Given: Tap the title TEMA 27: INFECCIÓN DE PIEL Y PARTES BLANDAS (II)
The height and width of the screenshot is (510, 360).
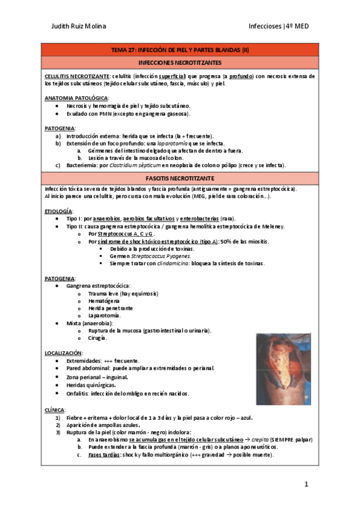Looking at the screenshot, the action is pos(180,51).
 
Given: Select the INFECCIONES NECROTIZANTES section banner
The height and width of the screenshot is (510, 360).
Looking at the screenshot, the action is pos(180,63).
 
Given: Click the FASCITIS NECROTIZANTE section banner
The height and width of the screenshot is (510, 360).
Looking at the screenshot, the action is pos(180,179).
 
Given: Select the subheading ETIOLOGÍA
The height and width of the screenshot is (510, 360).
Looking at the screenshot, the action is pos(59,211).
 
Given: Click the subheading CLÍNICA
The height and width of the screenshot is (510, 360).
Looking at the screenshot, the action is pos(55,409).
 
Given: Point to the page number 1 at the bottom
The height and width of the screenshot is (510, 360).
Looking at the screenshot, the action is pos(306,484).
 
